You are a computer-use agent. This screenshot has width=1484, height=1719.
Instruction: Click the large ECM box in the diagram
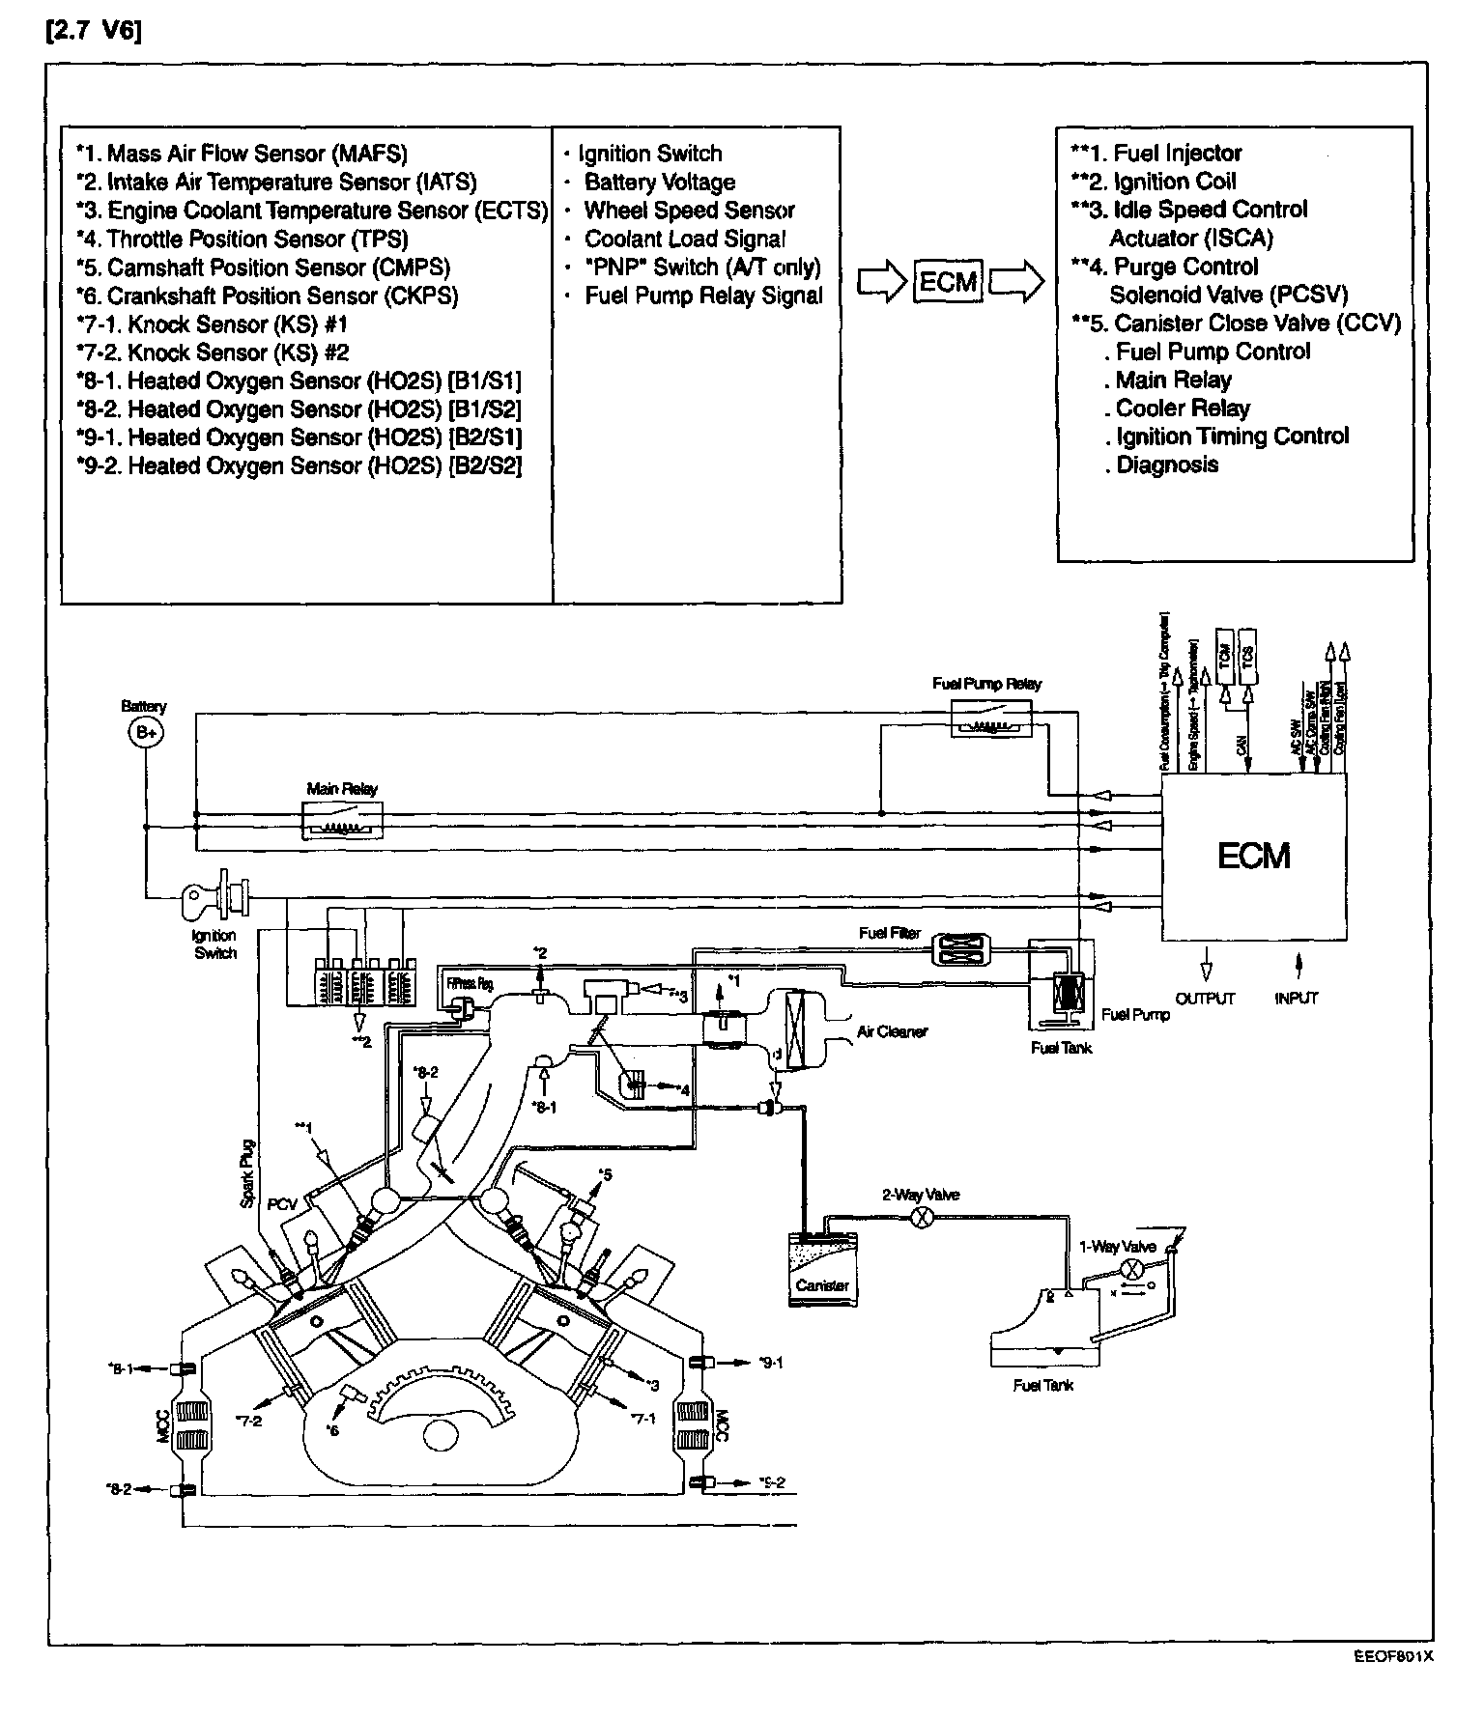tap(1253, 856)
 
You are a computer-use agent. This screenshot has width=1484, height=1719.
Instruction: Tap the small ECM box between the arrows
tap(948, 282)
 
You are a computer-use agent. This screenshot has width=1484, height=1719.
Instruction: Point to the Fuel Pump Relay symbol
tap(991, 719)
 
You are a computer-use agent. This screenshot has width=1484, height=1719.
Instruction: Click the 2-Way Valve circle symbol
tap(923, 1218)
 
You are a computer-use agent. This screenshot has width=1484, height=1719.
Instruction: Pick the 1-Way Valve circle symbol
tap(1135, 1268)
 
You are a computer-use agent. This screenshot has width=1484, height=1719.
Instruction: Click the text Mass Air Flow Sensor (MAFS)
tap(257, 154)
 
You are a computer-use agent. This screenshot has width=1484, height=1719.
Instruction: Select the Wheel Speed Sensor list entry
tap(689, 211)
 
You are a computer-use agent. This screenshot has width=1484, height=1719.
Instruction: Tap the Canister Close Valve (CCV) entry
tap(1256, 324)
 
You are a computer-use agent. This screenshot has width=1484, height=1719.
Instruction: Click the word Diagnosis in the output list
tap(1167, 465)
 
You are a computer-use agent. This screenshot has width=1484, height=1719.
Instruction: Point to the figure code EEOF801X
tap(1392, 1655)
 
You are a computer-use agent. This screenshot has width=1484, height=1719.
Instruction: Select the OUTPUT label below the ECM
tap(1205, 999)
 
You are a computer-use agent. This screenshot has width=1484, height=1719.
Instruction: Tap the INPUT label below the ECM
tap(1297, 999)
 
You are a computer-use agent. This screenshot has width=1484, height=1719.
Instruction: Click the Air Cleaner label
tap(892, 1032)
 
